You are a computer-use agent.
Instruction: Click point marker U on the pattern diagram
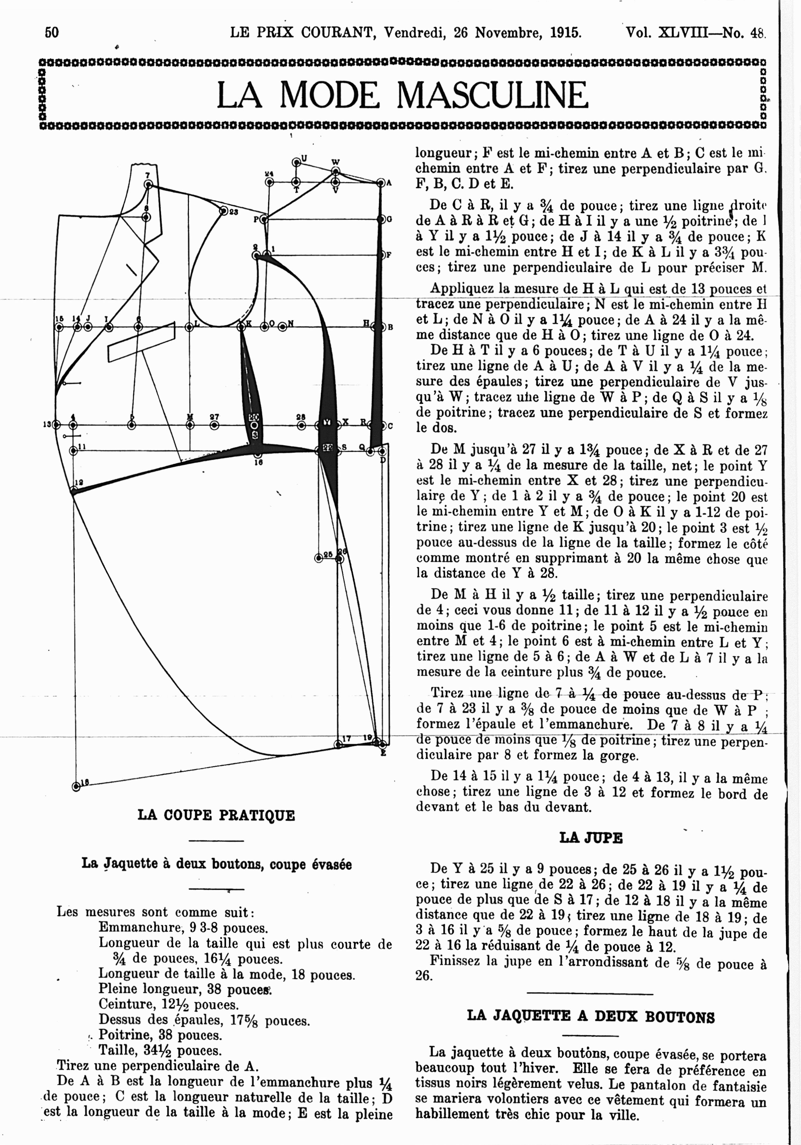(296, 162)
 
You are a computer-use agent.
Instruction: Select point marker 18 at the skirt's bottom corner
(76, 787)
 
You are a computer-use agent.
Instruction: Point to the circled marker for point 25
(319, 558)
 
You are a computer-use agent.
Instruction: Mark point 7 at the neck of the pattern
(148, 184)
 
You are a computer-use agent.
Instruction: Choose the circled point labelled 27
(214, 425)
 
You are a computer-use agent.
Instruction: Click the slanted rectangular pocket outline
(142, 341)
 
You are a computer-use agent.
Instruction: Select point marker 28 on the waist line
(301, 425)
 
